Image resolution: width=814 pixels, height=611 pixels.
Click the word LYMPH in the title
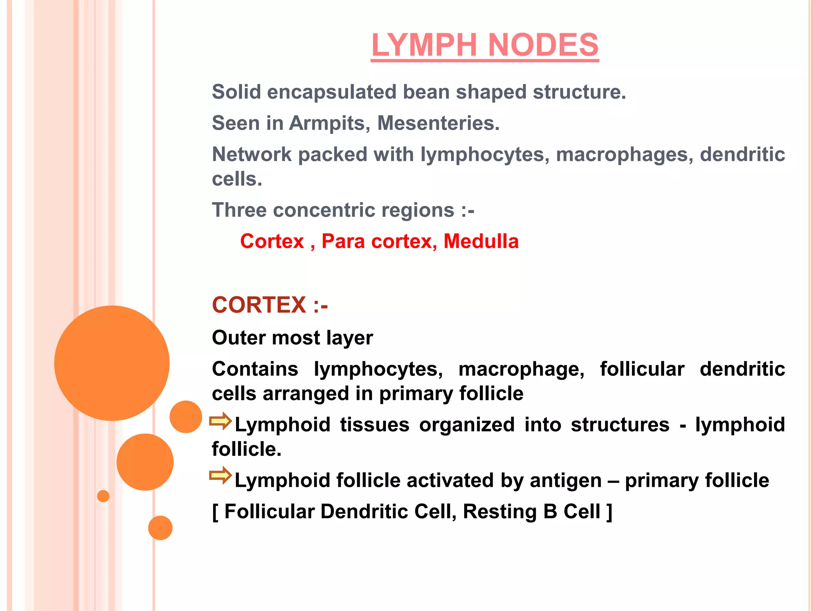(425, 45)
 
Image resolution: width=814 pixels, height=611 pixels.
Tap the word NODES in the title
(543, 45)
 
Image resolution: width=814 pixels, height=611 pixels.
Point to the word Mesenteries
(438, 123)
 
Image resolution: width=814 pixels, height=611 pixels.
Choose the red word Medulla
(481, 241)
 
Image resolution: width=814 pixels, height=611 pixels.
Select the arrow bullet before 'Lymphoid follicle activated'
(221, 475)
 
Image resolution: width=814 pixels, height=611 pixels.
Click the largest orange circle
(112, 363)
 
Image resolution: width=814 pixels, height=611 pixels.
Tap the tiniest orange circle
(103, 496)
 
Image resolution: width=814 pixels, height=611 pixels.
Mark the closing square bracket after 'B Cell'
(609, 512)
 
